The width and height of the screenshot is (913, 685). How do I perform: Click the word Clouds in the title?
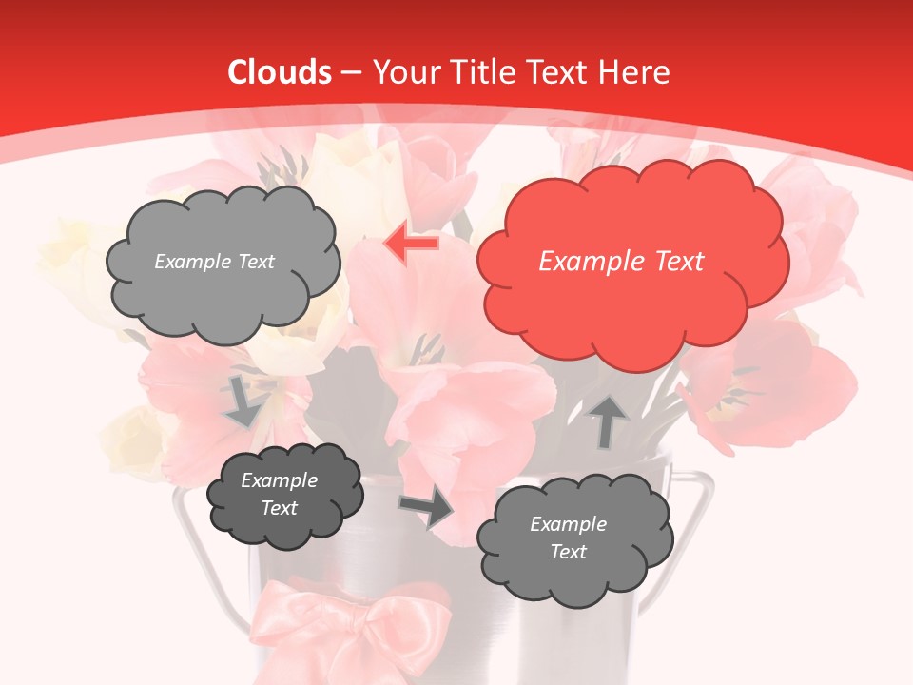pos(280,72)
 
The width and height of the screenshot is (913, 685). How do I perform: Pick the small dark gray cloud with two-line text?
pos(284,496)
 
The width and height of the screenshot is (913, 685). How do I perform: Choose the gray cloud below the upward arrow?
pos(574,539)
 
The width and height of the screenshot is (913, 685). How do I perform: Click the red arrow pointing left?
pos(411,244)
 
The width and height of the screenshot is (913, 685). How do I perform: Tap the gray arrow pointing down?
pos(243,402)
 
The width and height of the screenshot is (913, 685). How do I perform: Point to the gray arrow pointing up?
pos(608,421)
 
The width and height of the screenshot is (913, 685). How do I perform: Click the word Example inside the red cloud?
pos(586,262)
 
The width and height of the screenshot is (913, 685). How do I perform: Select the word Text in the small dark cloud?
pos(279,508)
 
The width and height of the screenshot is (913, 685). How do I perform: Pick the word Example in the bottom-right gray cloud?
pos(568,524)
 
